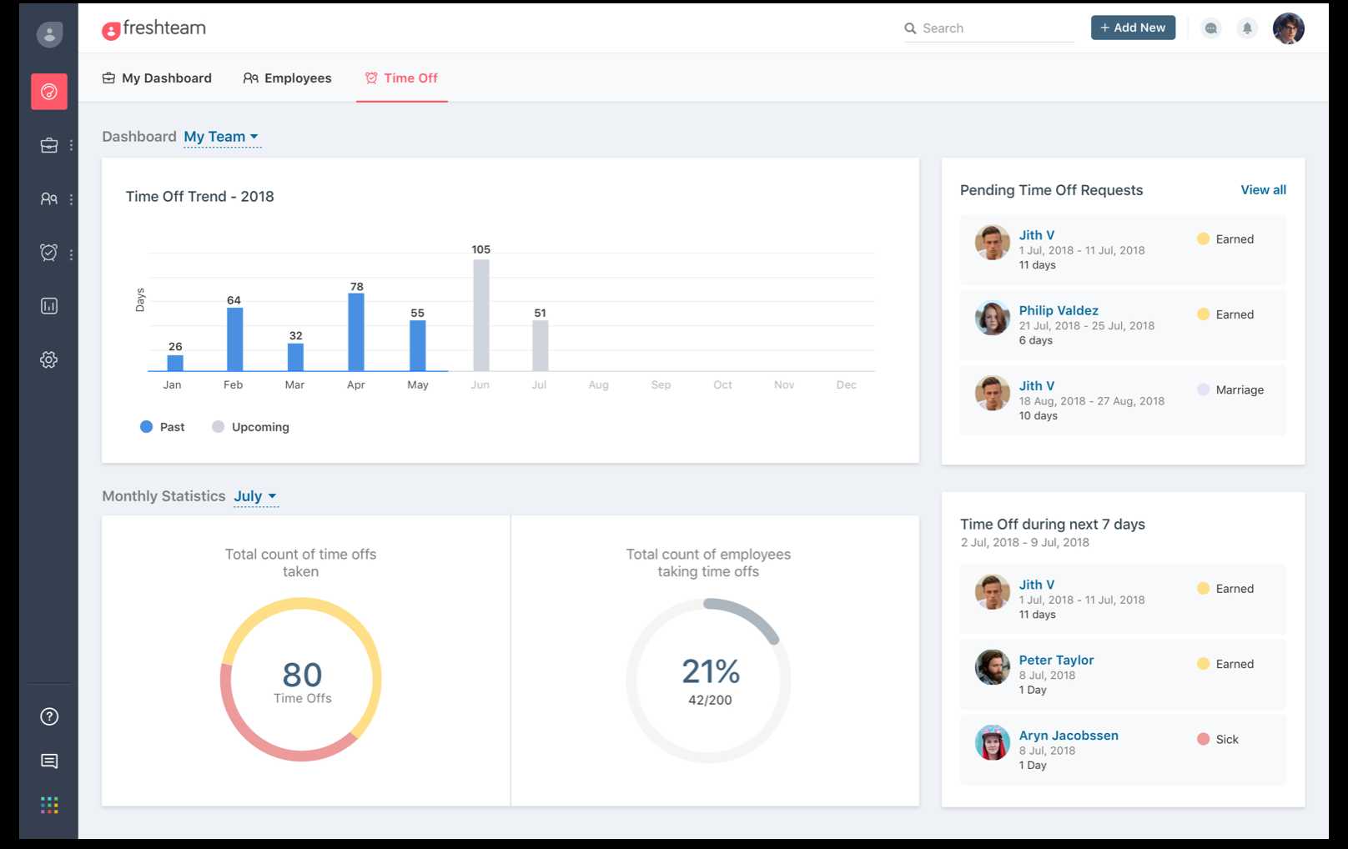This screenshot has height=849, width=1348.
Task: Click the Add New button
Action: tap(1133, 28)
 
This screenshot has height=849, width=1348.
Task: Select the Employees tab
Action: tap(288, 78)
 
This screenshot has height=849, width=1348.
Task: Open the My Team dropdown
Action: tap(221, 137)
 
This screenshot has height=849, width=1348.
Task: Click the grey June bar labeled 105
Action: tap(481, 315)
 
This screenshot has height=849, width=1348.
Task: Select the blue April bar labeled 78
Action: tap(356, 332)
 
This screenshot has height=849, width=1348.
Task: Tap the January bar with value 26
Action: tap(175, 363)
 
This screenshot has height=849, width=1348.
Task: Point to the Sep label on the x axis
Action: tap(661, 385)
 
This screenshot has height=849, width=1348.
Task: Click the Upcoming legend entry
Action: tap(251, 427)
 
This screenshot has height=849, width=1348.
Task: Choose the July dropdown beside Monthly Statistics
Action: tap(254, 496)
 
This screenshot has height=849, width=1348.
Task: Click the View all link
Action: tap(1263, 190)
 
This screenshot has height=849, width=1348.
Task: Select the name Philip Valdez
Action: tap(1058, 310)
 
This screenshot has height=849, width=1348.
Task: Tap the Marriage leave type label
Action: tap(1239, 389)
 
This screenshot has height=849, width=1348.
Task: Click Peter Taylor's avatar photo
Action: tap(993, 667)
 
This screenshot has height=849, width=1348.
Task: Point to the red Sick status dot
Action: tap(1203, 739)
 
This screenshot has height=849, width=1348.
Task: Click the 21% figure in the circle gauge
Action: tap(711, 671)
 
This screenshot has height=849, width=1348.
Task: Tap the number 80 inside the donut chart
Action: tap(302, 675)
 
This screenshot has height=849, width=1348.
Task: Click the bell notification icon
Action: tap(1247, 28)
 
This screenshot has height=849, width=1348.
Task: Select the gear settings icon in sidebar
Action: tap(49, 360)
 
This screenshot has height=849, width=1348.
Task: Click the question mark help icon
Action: tap(49, 716)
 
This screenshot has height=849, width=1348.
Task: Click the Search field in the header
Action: tap(993, 28)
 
